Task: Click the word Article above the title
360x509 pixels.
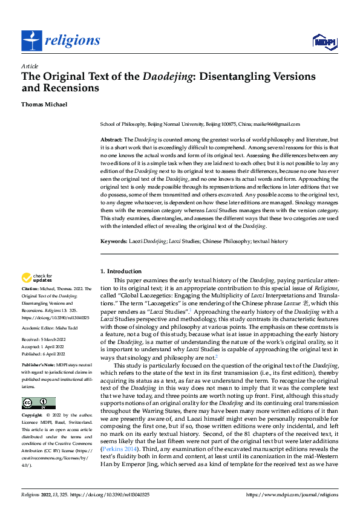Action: point(29,65)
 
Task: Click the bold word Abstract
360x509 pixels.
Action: point(111,140)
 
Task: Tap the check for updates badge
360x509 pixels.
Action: point(37,278)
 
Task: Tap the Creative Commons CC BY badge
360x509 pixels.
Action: point(38,403)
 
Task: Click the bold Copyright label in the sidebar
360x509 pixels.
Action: point(33,416)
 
